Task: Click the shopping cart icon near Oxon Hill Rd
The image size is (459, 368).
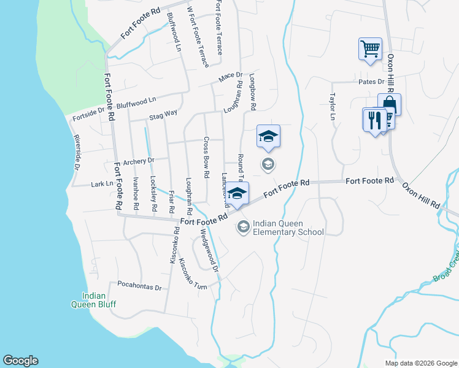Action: pyautogui.click(x=370, y=49)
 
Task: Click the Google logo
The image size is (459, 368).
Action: pyautogui.click(x=20, y=361)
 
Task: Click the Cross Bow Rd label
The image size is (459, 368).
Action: pyautogui.click(x=206, y=153)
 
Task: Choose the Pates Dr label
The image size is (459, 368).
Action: pyautogui.click(x=371, y=82)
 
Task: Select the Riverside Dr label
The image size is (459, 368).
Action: pyautogui.click(x=77, y=153)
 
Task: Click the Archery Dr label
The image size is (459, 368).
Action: pyautogui.click(x=138, y=161)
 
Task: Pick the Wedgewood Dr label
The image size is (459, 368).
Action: pyautogui.click(x=209, y=251)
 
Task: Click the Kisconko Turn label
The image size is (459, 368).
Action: pyautogui.click(x=193, y=274)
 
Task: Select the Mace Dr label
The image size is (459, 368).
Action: pyautogui.click(x=231, y=77)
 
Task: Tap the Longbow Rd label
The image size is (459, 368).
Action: pyautogui.click(x=252, y=92)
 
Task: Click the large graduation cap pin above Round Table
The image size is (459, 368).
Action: pyautogui.click(x=268, y=137)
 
